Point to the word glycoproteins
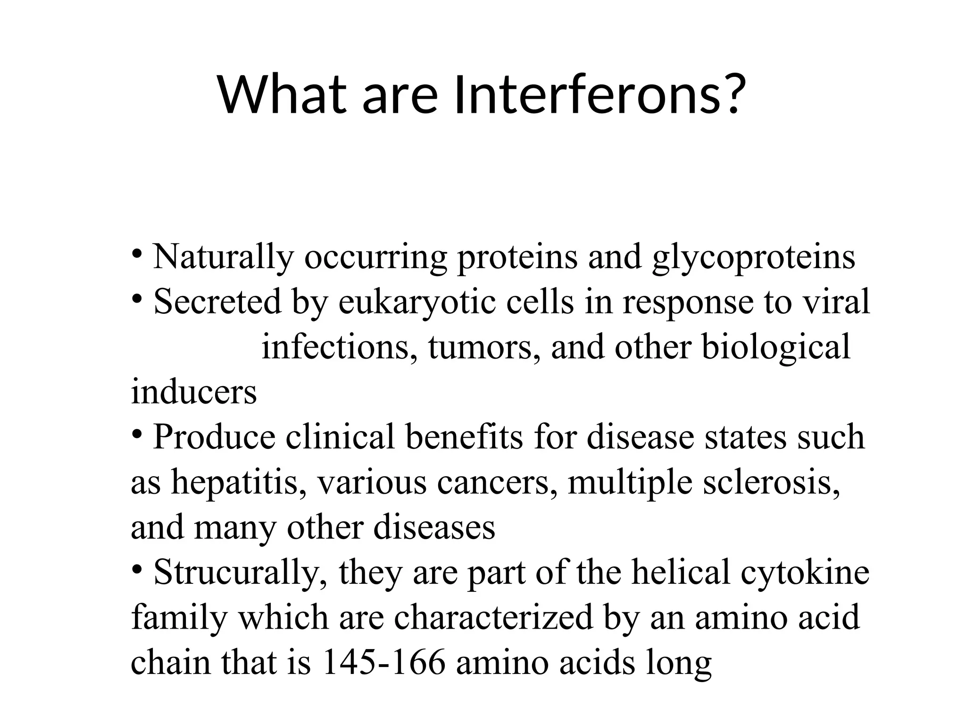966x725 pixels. click(x=753, y=258)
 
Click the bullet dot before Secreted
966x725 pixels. click(x=137, y=298)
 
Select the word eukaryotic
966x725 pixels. click(x=417, y=302)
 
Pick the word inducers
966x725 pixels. click(x=193, y=392)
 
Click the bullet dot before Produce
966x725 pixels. click(x=137, y=433)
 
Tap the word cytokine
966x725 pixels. click(x=805, y=573)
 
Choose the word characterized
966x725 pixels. click(x=493, y=617)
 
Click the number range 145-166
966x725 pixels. click(x=383, y=662)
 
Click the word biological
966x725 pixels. click(x=776, y=347)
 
